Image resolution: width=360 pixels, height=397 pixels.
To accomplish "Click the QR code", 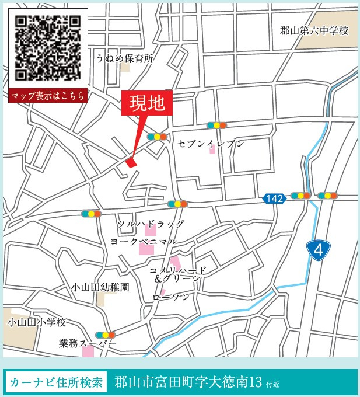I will pyautogui.click(x=48, y=48).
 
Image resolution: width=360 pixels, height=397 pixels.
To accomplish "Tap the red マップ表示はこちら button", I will pyautogui.click(x=48, y=96).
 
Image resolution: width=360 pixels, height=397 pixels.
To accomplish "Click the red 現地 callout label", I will pyautogui.click(x=147, y=105).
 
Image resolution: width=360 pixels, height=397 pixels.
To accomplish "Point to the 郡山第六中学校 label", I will pyautogui.click(x=314, y=31).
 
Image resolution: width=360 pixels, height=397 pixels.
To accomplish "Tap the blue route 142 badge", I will pyautogui.click(x=274, y=198).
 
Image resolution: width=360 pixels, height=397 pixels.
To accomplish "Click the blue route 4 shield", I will pyautogui.click(x=318, y=251).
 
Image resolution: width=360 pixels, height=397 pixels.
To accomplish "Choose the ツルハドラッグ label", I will pyautogui.click(x=151, y=224).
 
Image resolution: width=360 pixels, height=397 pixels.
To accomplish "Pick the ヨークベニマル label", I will pyautogui.click(x=144, y=241).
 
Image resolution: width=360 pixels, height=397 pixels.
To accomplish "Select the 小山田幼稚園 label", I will pyautogui.click(x=100, y=287).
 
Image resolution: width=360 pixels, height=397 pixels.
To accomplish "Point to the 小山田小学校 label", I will pyautogui.click(x=37, y=322).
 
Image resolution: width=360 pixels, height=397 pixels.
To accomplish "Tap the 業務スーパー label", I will pyautogui.click(x=88, y=343).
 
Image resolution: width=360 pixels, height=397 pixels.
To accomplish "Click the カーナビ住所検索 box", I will pyautogui.click(x=57, y=383).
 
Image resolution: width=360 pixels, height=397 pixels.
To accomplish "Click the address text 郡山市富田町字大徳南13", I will pyautogui.click(x=188, y=383).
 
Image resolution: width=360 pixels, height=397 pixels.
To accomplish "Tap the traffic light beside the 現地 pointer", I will pyautogui.click(x=158, y=137).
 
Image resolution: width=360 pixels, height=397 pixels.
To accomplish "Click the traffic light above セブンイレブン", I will pyautogui.click(x=216, y=125).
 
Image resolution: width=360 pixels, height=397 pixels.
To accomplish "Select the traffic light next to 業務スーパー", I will pyautogui.click(x=105, y=335).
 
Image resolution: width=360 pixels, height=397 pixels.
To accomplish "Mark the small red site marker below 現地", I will pyautogui.click(x=131, y=162).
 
